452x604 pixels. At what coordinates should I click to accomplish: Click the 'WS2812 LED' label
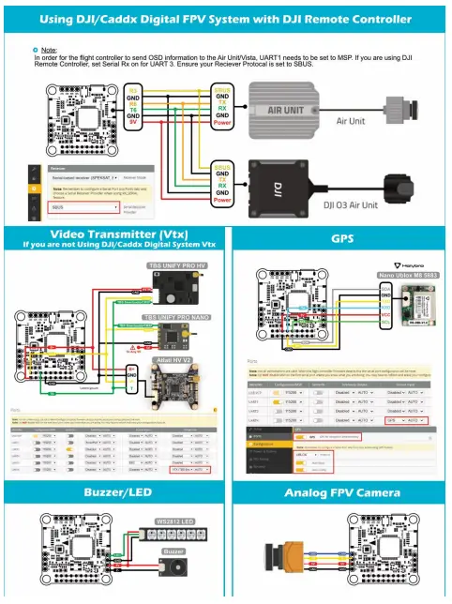coord(174,521)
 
